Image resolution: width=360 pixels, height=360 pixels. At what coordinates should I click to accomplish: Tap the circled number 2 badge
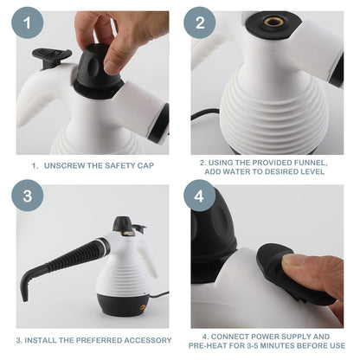click(x=200, y=24)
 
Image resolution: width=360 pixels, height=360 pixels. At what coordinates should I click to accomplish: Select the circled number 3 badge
click(x=25, y=196)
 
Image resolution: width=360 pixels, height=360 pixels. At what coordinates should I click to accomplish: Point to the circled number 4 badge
click(x=200, y=196)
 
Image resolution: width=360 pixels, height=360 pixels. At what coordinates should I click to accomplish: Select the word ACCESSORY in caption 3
click(x=145, y=340)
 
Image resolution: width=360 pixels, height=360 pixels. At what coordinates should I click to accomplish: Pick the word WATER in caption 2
click(x=243, y=172)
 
